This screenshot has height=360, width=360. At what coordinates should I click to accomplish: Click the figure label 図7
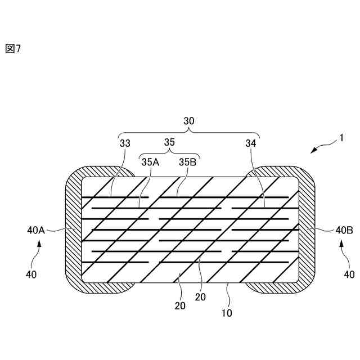click(x=13, y=48)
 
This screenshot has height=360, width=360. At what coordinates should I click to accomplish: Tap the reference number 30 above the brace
click(x=189, y=121)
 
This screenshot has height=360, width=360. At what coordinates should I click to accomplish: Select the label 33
click(x=125, y=143)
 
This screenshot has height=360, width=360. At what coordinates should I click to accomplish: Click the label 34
click(x=251, y=143)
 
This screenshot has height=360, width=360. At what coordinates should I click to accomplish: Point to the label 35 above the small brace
click(x=169, y=142)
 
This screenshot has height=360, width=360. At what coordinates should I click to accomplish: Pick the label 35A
click(x=150, y=162)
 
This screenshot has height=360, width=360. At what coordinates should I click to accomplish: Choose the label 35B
click(x=187, y=162)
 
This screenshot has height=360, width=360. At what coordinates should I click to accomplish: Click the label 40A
click(x=36, y=230)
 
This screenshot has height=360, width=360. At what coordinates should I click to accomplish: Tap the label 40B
click(x=344, y=230)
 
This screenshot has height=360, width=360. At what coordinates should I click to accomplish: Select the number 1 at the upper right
click(x=341, y=138)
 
